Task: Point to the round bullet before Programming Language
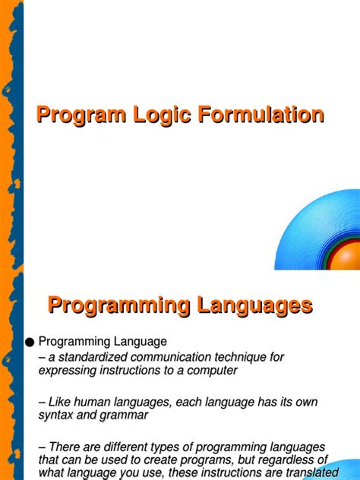pyautogui.click(x=30, y=343)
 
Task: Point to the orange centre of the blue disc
pyautogui.click(x=349, y=254)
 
